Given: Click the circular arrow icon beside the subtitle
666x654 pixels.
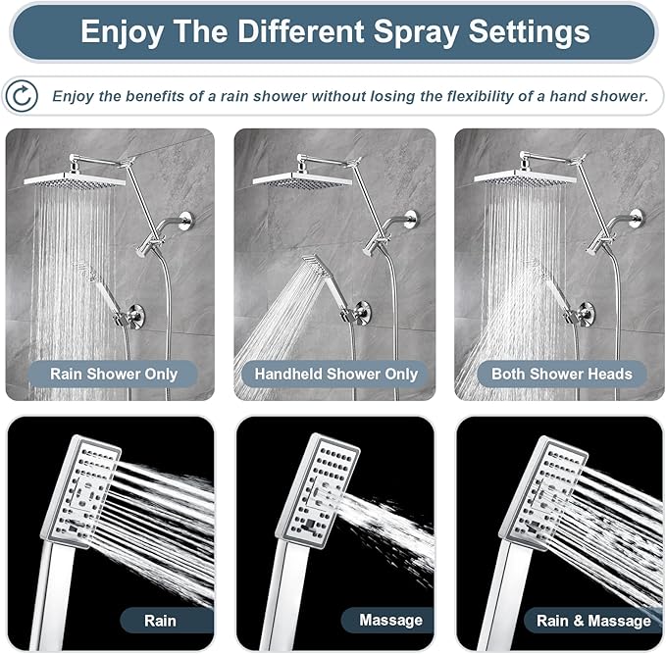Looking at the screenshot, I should coord(22,95).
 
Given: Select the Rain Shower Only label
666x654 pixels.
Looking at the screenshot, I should coord(115,374).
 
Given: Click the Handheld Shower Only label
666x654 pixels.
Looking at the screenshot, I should coord(335,374).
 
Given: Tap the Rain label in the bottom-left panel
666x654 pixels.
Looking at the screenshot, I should coord(160,620).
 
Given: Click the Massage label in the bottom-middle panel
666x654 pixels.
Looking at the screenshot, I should coord(390,620).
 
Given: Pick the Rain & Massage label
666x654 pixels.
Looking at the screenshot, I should coord(593,620).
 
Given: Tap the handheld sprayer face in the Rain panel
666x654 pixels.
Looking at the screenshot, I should coord(81,489).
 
